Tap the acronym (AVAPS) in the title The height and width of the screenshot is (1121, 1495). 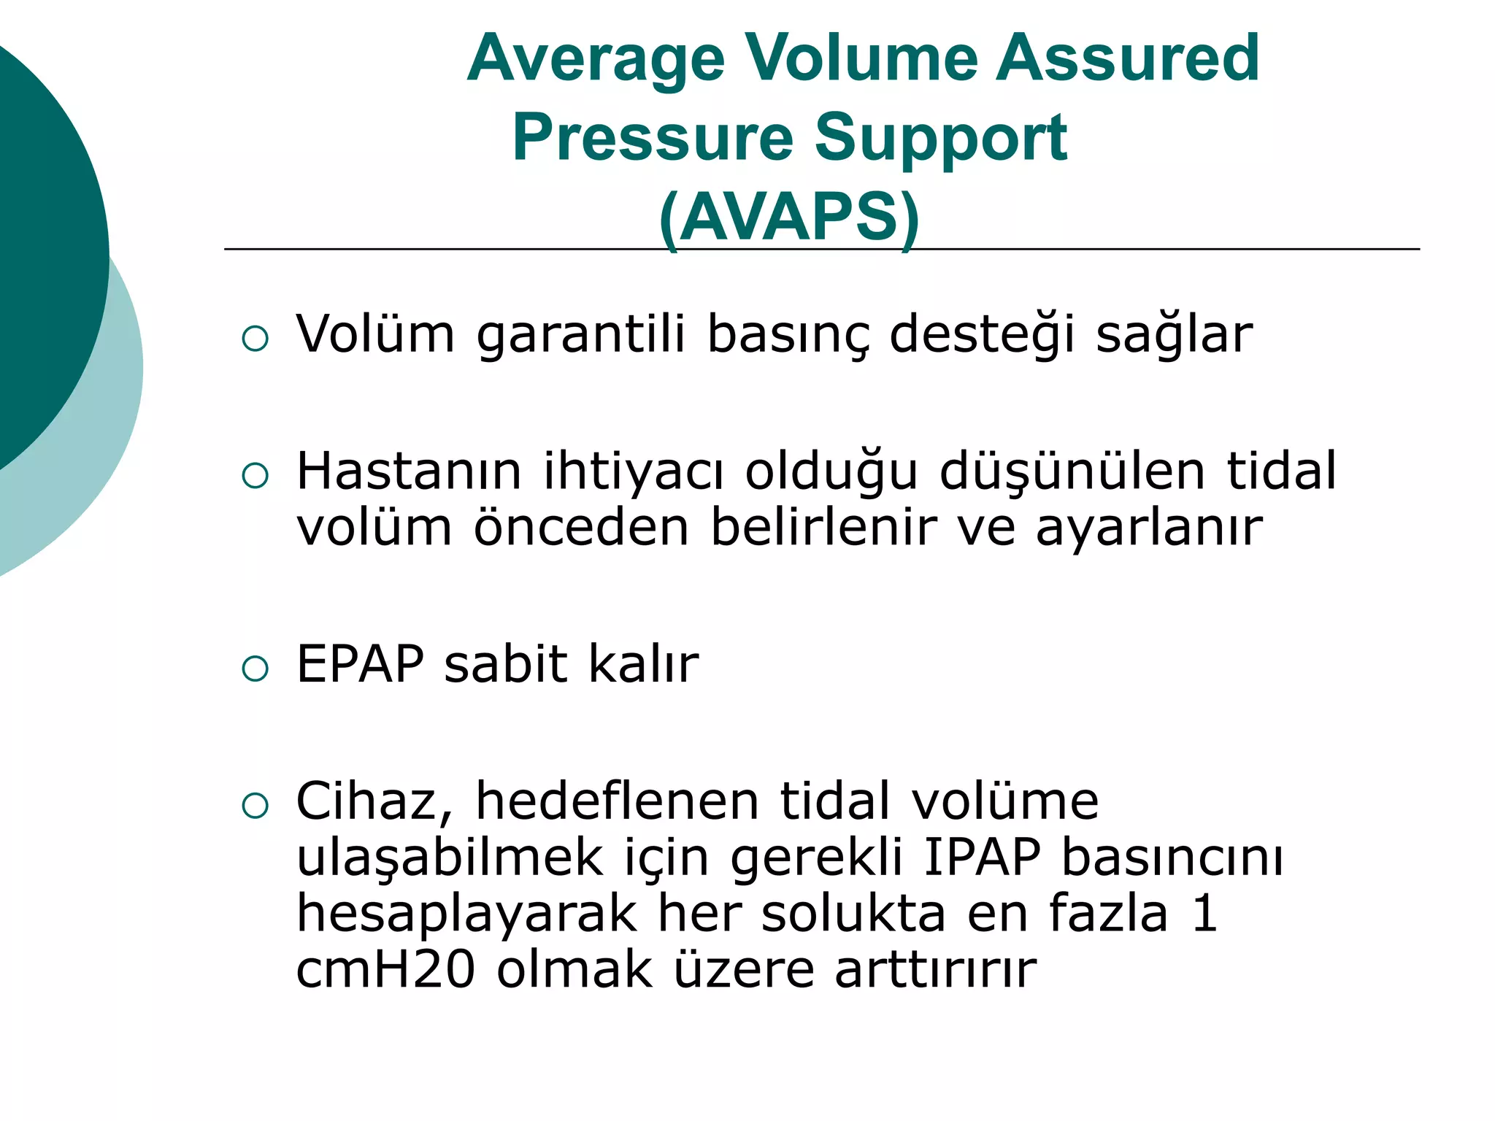[789, 217]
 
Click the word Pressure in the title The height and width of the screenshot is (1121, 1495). [653, 138]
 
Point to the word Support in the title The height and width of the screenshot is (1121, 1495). [940, 138]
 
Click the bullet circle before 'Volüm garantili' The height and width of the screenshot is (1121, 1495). [255, 339]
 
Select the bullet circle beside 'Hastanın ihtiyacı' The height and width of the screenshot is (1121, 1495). [255, 476]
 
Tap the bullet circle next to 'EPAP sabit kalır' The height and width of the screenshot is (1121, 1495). [255, 669]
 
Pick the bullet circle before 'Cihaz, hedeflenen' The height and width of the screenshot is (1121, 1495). [255, 806]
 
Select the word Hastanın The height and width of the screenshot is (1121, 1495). [409, 471]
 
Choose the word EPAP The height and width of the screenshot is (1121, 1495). [360, 664]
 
